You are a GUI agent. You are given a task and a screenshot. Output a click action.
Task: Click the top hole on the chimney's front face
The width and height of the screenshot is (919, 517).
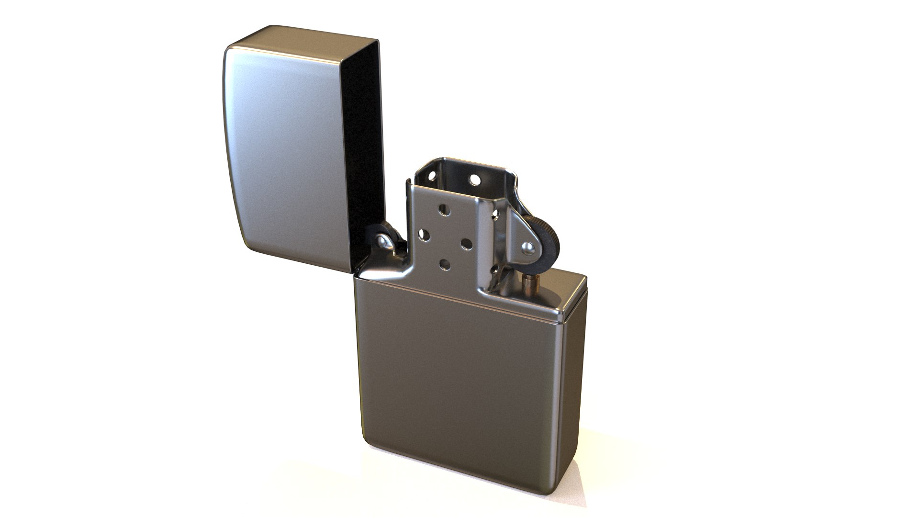pyautogui.click(x=445, y=210)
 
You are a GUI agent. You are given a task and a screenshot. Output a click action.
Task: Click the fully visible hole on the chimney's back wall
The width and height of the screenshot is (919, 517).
pyautogui.click(x=475, y=180)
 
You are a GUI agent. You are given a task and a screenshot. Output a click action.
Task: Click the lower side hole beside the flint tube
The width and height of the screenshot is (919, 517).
pyautogui.click(x=495, y=270)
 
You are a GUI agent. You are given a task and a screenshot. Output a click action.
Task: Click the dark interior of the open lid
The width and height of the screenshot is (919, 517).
pyautogui.click(x=365, y=144)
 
